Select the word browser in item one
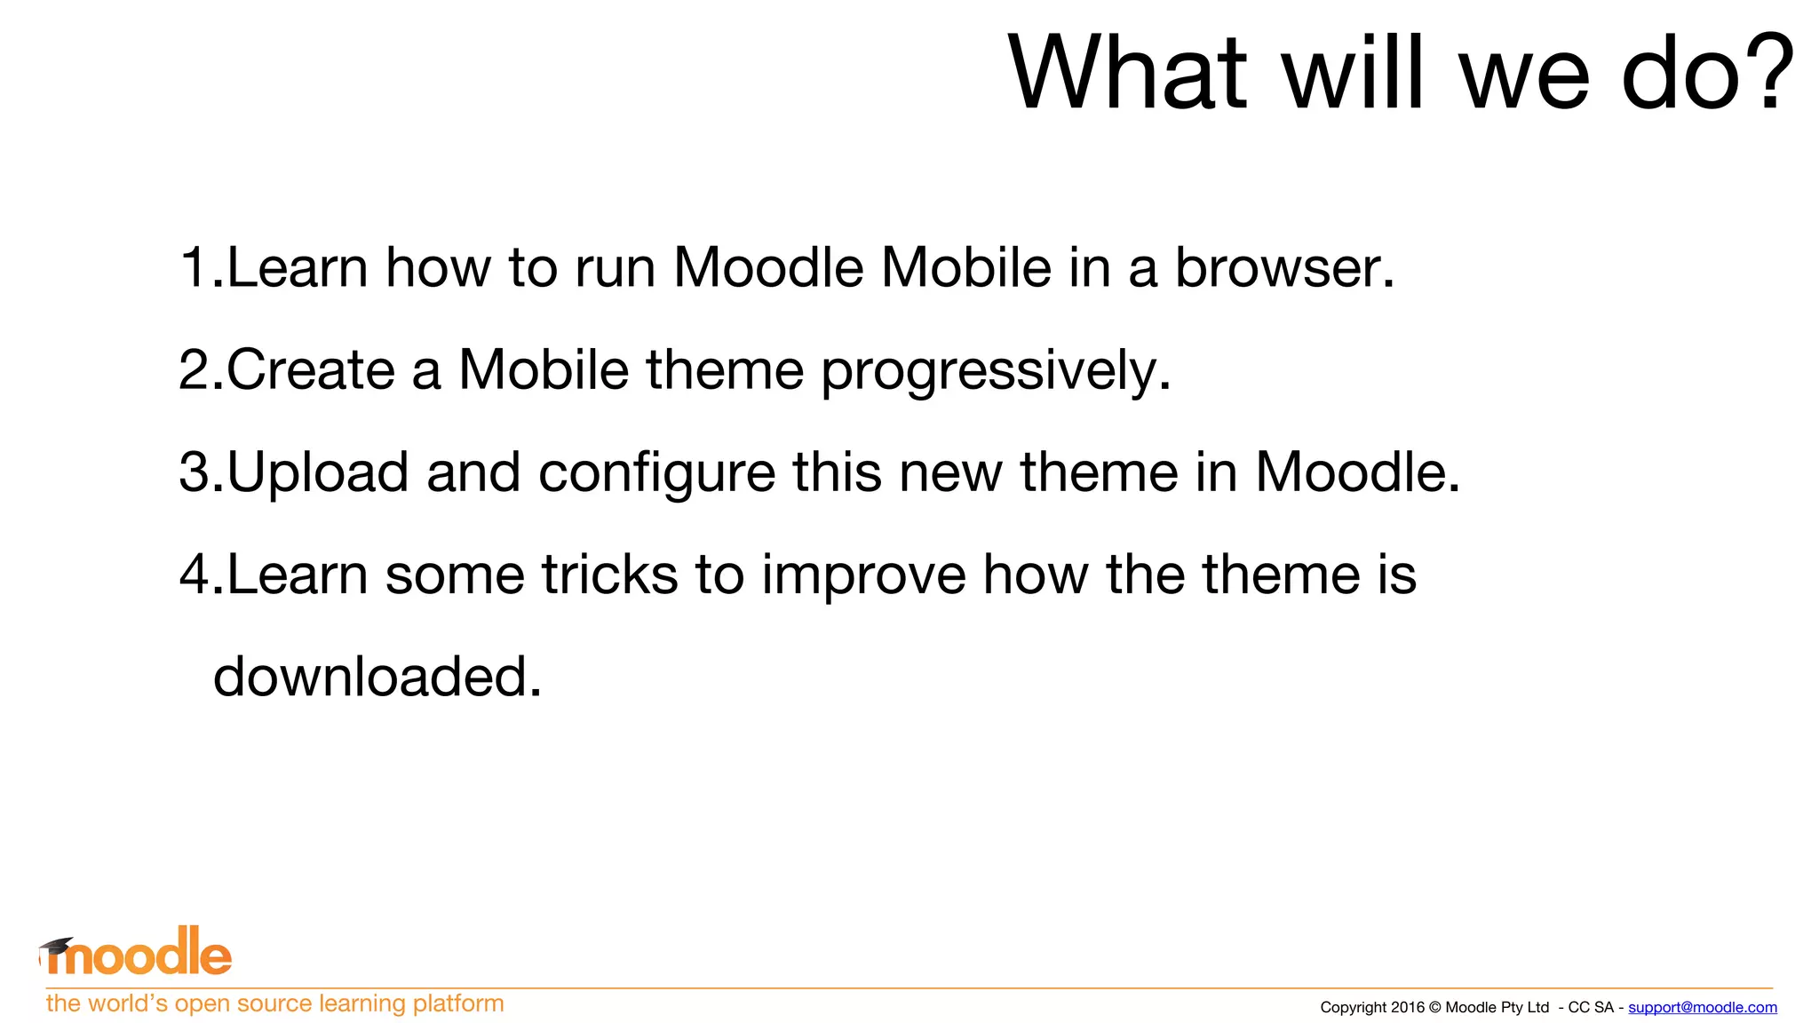1284,267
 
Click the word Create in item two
310,369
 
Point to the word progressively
996,371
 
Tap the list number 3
195,472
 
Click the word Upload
318,473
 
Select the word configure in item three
656,473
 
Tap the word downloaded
377,677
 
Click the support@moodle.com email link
1702,1007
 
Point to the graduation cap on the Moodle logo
56,947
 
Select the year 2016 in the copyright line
1408,1007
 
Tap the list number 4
195,575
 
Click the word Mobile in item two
544,369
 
